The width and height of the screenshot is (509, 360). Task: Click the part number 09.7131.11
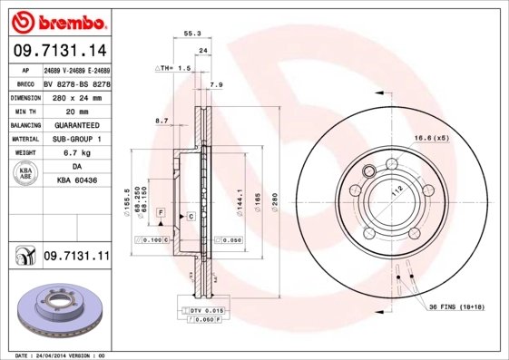[x=75, y=258]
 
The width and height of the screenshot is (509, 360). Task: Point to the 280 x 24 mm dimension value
[x=75, y=96]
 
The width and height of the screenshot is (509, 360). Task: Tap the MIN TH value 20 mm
[x=75, y=110]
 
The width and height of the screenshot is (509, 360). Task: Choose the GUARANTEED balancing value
[x=76, y=124]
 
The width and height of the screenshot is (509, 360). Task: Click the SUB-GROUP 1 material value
[x=76, y=139]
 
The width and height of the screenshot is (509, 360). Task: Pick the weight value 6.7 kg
[x=75, y=153]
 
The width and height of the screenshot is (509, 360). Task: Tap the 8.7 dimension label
[x=162, y=121]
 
